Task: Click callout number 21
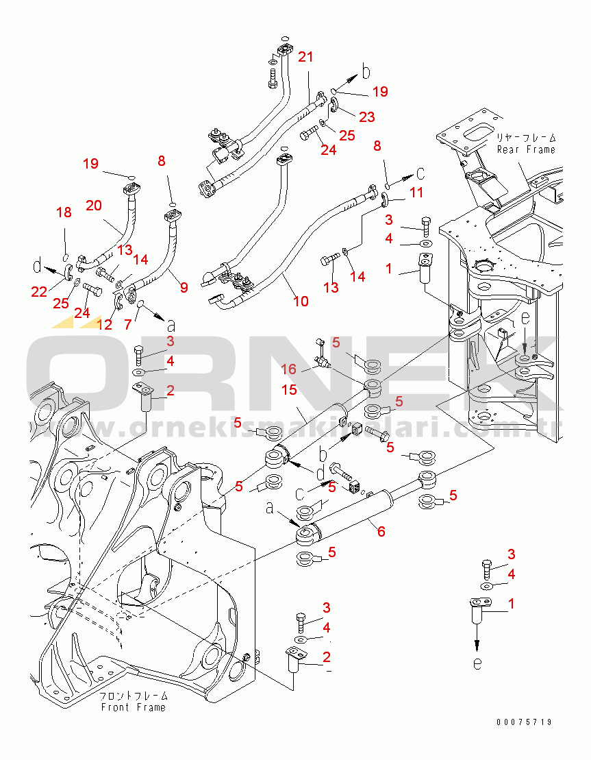(x=305, y=58)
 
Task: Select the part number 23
(x=366, y=117)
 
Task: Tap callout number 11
(x=416, y=195)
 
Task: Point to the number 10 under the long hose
(x=300, y=301)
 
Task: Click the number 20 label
(x=94, y=205)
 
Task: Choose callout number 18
(x=64, y=213)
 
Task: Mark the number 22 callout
(x=39, y=292)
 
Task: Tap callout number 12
(x=105, y=325)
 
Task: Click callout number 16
(x=290, y=369)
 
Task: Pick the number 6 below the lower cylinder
(x=381, y=531)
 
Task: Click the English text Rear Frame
(x=526, y=149)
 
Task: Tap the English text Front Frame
(x=133, y=707)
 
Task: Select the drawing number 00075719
(x=525, y=722)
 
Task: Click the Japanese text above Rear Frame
(x=526, y=138)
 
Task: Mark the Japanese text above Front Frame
(x=133, y=696)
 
